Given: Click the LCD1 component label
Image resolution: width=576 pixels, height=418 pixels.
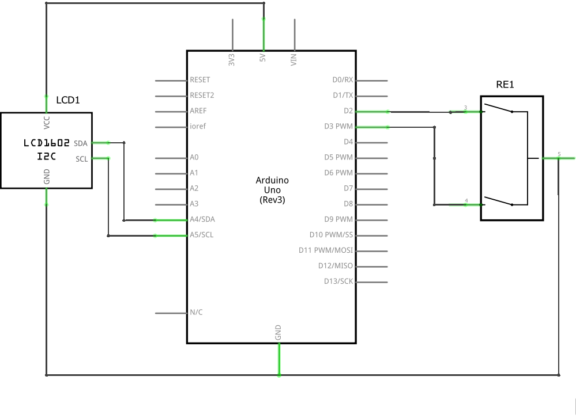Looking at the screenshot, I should click(67, 100).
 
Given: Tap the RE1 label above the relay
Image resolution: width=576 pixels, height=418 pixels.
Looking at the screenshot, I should click(505, 85).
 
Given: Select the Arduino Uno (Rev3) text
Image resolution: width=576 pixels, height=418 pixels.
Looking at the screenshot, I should click(272, 190).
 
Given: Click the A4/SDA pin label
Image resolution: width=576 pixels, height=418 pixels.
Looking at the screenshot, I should click(202, 219).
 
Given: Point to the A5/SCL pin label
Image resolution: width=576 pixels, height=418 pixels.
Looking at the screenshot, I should click(201, 235).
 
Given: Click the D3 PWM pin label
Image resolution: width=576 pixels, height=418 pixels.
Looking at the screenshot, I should click(338, 126).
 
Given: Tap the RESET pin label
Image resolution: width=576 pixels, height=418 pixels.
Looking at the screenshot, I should click(199, 80).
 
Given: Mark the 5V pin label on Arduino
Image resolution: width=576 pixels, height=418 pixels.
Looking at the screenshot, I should click(263, 59).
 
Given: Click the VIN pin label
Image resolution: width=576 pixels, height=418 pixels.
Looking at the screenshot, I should click(294, 60).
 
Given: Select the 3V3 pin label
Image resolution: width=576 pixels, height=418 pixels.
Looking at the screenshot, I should click(232, 60).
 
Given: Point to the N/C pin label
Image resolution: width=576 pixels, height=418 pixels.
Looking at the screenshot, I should click(196, 313).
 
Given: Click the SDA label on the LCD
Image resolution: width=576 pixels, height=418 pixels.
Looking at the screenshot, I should click(81, 143).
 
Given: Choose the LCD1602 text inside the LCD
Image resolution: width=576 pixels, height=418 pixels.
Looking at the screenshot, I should click(47, 142).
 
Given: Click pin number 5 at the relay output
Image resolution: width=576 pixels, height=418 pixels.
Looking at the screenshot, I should click(559, 154).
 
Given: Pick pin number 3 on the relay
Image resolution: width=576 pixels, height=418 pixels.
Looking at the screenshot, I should click(465, 108).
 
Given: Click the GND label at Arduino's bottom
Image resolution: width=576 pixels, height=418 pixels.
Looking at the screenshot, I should click(278, 332).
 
